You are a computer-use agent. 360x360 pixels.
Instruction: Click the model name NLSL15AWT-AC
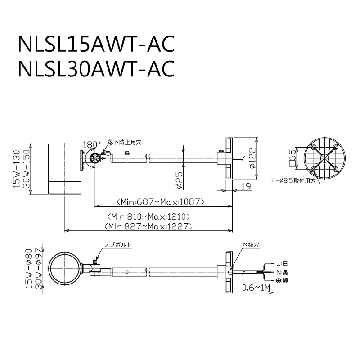96,44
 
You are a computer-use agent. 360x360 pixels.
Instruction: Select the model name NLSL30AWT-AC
96,68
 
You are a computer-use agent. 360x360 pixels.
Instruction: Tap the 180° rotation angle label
92,144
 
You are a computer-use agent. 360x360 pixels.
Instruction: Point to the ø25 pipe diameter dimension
180,180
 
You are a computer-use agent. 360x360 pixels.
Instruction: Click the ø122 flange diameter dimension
252,158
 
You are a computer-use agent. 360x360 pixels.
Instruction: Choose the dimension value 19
246,186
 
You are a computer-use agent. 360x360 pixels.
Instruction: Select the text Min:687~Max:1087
161,202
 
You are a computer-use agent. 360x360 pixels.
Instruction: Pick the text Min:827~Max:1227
148,226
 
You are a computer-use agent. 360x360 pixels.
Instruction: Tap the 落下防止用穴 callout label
125,142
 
